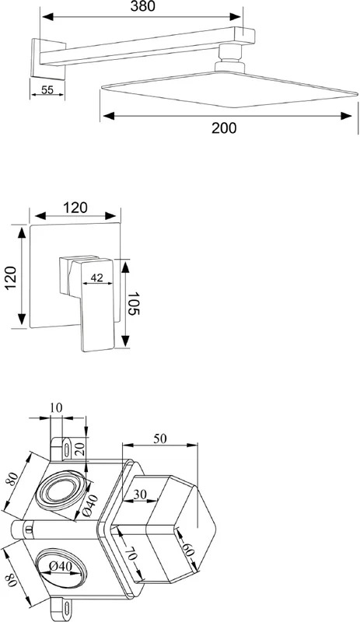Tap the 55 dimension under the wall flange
(47, 89)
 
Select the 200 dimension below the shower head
(224, 128)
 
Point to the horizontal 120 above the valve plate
(75, 207)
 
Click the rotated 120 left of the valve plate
(11, 277)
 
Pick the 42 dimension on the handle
(96, 278)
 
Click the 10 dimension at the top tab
(56, 408)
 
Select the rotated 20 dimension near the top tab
(79, 449)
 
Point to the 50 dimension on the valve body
(160, 439)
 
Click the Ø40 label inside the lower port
(62, 567)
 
